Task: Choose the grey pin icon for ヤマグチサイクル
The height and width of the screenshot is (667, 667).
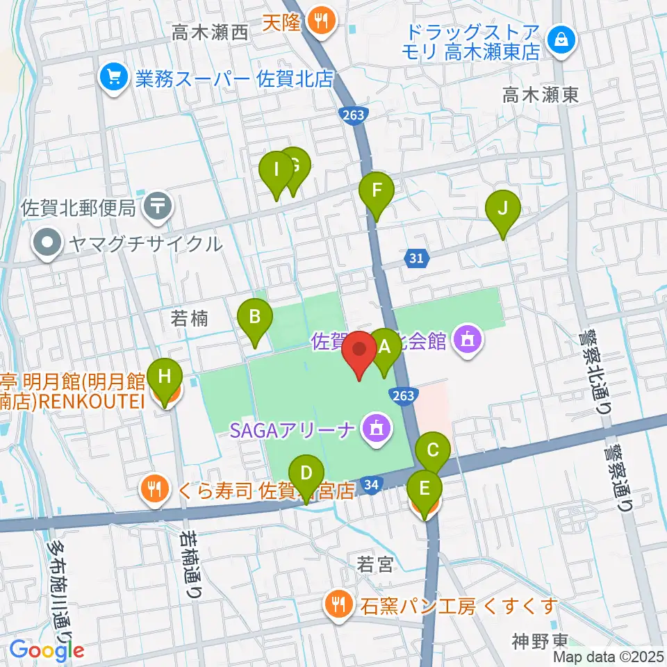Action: point(49,244)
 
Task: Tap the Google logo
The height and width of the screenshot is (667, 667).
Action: point(47,650)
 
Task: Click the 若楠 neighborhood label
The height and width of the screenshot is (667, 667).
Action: point(190,318)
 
